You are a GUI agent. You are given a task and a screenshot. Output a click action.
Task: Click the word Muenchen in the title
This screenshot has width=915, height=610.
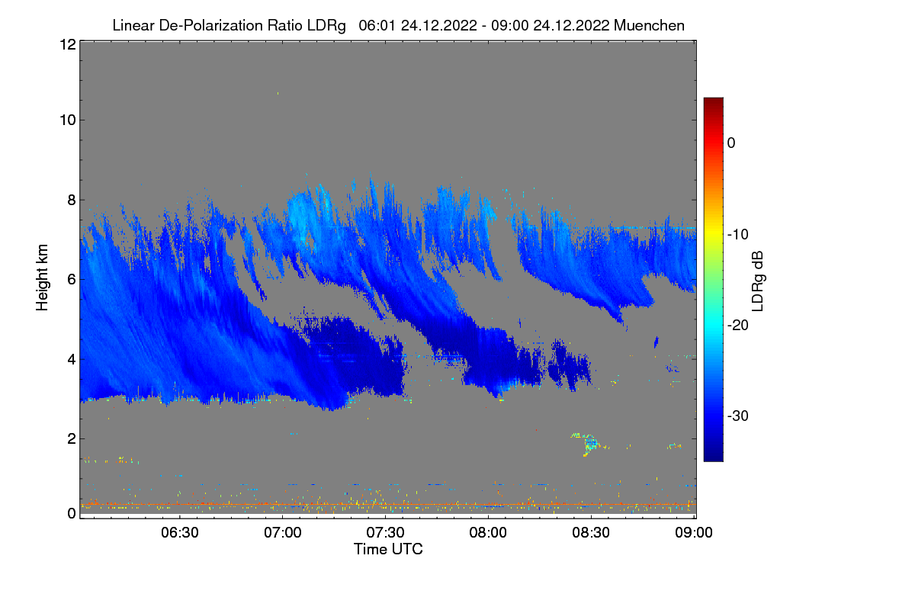coord(649,25)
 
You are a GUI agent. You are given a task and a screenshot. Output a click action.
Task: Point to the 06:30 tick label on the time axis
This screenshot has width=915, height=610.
coord(179,532)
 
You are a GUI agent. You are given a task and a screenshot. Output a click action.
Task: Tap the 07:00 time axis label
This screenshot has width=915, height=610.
coord(282,532)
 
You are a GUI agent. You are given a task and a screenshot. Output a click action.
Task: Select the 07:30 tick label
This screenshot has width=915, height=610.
coord(385,532)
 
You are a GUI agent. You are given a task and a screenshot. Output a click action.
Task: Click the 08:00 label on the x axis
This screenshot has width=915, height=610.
coord(488,532)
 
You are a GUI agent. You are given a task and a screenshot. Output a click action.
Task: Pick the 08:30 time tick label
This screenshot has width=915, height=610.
coord(591,532)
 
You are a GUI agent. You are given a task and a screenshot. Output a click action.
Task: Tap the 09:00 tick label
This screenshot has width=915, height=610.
coord(693,532)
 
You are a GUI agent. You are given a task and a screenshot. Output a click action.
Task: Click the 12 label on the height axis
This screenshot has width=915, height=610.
coord(66,44)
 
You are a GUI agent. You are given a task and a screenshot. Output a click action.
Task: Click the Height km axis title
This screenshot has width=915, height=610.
coord(43,278)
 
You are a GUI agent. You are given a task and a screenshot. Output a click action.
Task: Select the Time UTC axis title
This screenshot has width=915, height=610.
coord(388,549)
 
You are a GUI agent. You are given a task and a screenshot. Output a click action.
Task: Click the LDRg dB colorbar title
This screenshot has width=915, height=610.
coord(757,280)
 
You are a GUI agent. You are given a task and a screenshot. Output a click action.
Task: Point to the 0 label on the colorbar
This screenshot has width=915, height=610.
coord(731,143)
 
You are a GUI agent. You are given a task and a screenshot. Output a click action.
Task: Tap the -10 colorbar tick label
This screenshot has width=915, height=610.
coord(738,234)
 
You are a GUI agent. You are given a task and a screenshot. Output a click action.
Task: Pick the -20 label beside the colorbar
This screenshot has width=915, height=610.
coord(738,325)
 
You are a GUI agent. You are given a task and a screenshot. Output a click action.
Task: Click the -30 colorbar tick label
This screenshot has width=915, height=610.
coord(738,416)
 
